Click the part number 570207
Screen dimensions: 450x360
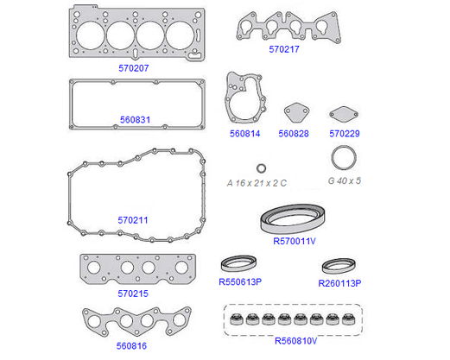[x=134, y=68]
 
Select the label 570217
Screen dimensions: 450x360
[x=284, y=49]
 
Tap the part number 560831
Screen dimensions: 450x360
[x=135, y=120]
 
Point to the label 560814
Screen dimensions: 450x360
[x=245, y=134]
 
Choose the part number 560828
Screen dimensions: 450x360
[x=294, y=134]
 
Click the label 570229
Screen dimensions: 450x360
[x=345, y=134]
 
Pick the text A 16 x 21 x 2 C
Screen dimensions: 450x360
[x=257, y=183]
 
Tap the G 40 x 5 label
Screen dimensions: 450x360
[x=345, y=180]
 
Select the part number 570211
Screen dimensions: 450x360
[x=133, y=220]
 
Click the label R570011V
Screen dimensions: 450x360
[x=295, y=241]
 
